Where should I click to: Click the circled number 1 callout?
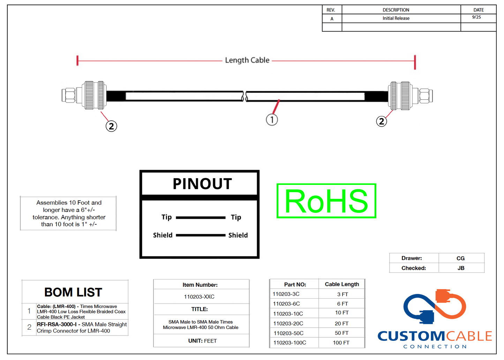tap(272, 120)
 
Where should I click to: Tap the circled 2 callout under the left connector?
tap(111, 126)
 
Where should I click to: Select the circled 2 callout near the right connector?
tap(381, 121)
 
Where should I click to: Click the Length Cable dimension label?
tap(247, 60)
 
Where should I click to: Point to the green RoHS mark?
tap(326, 201)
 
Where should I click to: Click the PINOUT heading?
tap(202, 184)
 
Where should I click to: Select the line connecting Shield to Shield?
tap(201, 235)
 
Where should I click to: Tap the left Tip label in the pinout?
tap(166, 217)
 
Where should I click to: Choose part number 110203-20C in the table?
tap(288, 324)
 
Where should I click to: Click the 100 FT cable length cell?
tap(341, 343)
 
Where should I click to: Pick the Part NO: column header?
tap(295, 285)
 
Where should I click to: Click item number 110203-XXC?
tap(199, 297)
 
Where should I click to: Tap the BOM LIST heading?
tap(73, 292)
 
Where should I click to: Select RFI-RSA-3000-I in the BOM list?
tap(57, 324)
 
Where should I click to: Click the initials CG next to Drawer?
tap(460, 258)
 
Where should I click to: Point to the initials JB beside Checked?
tap(461, 268)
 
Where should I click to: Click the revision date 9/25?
tap(476, 17)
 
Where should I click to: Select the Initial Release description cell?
tap(396, 18)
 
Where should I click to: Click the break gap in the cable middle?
tap(245, 96)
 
